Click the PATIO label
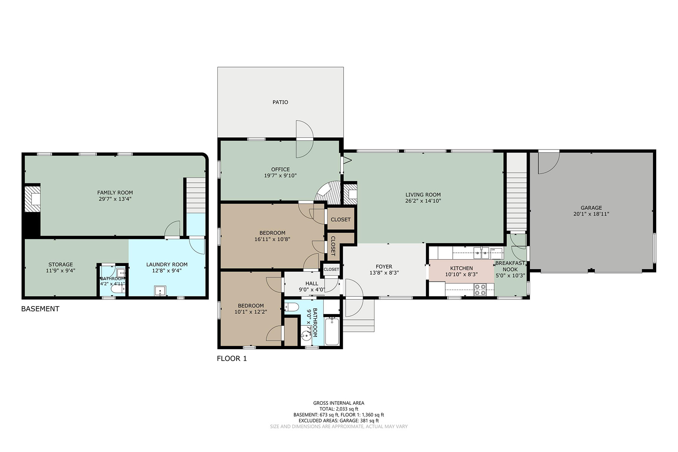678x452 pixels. (280, 102)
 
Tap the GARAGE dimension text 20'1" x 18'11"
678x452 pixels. (591, 214)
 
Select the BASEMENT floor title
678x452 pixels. (40, 309)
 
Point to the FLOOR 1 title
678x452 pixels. (232, 359)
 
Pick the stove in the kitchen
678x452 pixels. (479, 290)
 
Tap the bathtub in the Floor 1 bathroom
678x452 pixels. (332, 331)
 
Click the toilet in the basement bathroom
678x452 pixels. (116, 290)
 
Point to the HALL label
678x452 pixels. (312, 284)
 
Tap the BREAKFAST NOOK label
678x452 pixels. (510, 266)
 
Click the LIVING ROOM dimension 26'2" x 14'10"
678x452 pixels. (423, 201)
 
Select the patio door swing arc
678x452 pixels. (305, 139)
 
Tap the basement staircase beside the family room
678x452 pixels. (196, 195)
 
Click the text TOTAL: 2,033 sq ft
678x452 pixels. (339, 409)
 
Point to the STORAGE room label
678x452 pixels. (61, 264)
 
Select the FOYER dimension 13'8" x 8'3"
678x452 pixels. (384, 273)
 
